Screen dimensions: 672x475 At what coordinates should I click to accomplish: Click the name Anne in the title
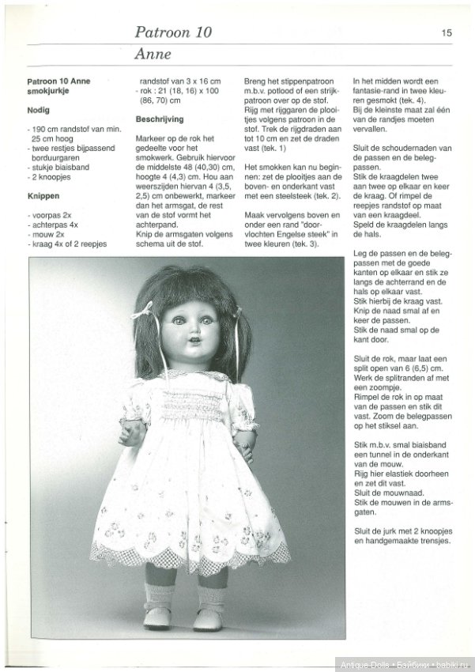pyautogui.click(x=153, y=55)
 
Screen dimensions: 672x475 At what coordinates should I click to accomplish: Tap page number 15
pyautogui.click(x=447, y=32)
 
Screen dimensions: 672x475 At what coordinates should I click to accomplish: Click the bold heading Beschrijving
pyautogui.click(x=160, y=119)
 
